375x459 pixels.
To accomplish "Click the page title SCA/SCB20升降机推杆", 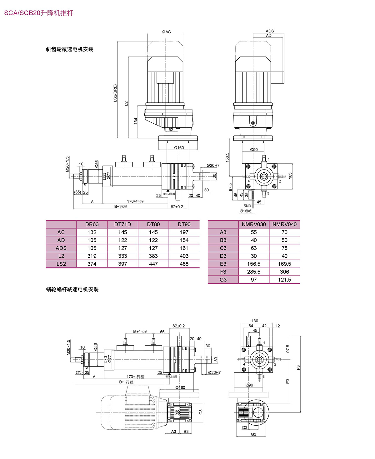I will [39, 13].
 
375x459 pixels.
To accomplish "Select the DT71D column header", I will [122, 224].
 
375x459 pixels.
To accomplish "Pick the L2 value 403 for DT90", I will [184, 256].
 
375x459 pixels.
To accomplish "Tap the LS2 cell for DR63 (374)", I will [92, 264].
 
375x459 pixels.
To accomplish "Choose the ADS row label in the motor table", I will [61, 248].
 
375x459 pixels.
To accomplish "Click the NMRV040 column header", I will [284, 224].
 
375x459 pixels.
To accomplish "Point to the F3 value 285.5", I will [254, 272].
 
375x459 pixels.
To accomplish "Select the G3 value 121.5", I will [284, 280].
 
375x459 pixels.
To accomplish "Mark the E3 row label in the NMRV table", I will [223, 264].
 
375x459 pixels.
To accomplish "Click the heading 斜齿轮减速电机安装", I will [70, 49].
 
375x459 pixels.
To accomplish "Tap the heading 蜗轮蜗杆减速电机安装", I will [72, 289].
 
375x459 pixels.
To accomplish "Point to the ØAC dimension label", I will [167, 32].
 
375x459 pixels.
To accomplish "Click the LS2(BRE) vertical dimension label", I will [115, 93].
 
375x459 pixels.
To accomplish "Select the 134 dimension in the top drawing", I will [136, 121].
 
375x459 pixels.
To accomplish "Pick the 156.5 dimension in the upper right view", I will [227, 157].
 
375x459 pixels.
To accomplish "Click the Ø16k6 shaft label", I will [245, 211].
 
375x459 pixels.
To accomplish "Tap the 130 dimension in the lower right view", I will [255, 321].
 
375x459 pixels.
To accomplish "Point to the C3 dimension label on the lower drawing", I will [201, 412].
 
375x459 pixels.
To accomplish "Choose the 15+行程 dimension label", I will [139, 331].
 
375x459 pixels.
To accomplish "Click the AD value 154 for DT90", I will [184, 240].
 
